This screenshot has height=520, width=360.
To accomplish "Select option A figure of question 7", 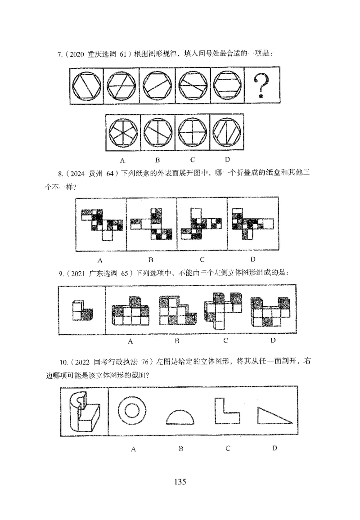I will pyautogui.click(x=123, y=134).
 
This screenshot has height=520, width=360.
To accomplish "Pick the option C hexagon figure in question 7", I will pyautogui.click(x=193, y=134).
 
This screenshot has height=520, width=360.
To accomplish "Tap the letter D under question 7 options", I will pyautogui.click(x=227, y=159).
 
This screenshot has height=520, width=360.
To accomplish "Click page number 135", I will pyautogui.click(x=180, y=482).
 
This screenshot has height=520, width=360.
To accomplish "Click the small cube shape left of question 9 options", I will pyautogui.click(x=82, y=311).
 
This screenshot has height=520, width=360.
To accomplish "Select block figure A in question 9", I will pyautogui.click(x=130, y=310).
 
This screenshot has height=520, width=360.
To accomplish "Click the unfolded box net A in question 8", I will pyautogui.click(x=101, y=222).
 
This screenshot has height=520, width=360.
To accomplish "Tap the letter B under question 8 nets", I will pyautogui.click(x=151, y=260).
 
